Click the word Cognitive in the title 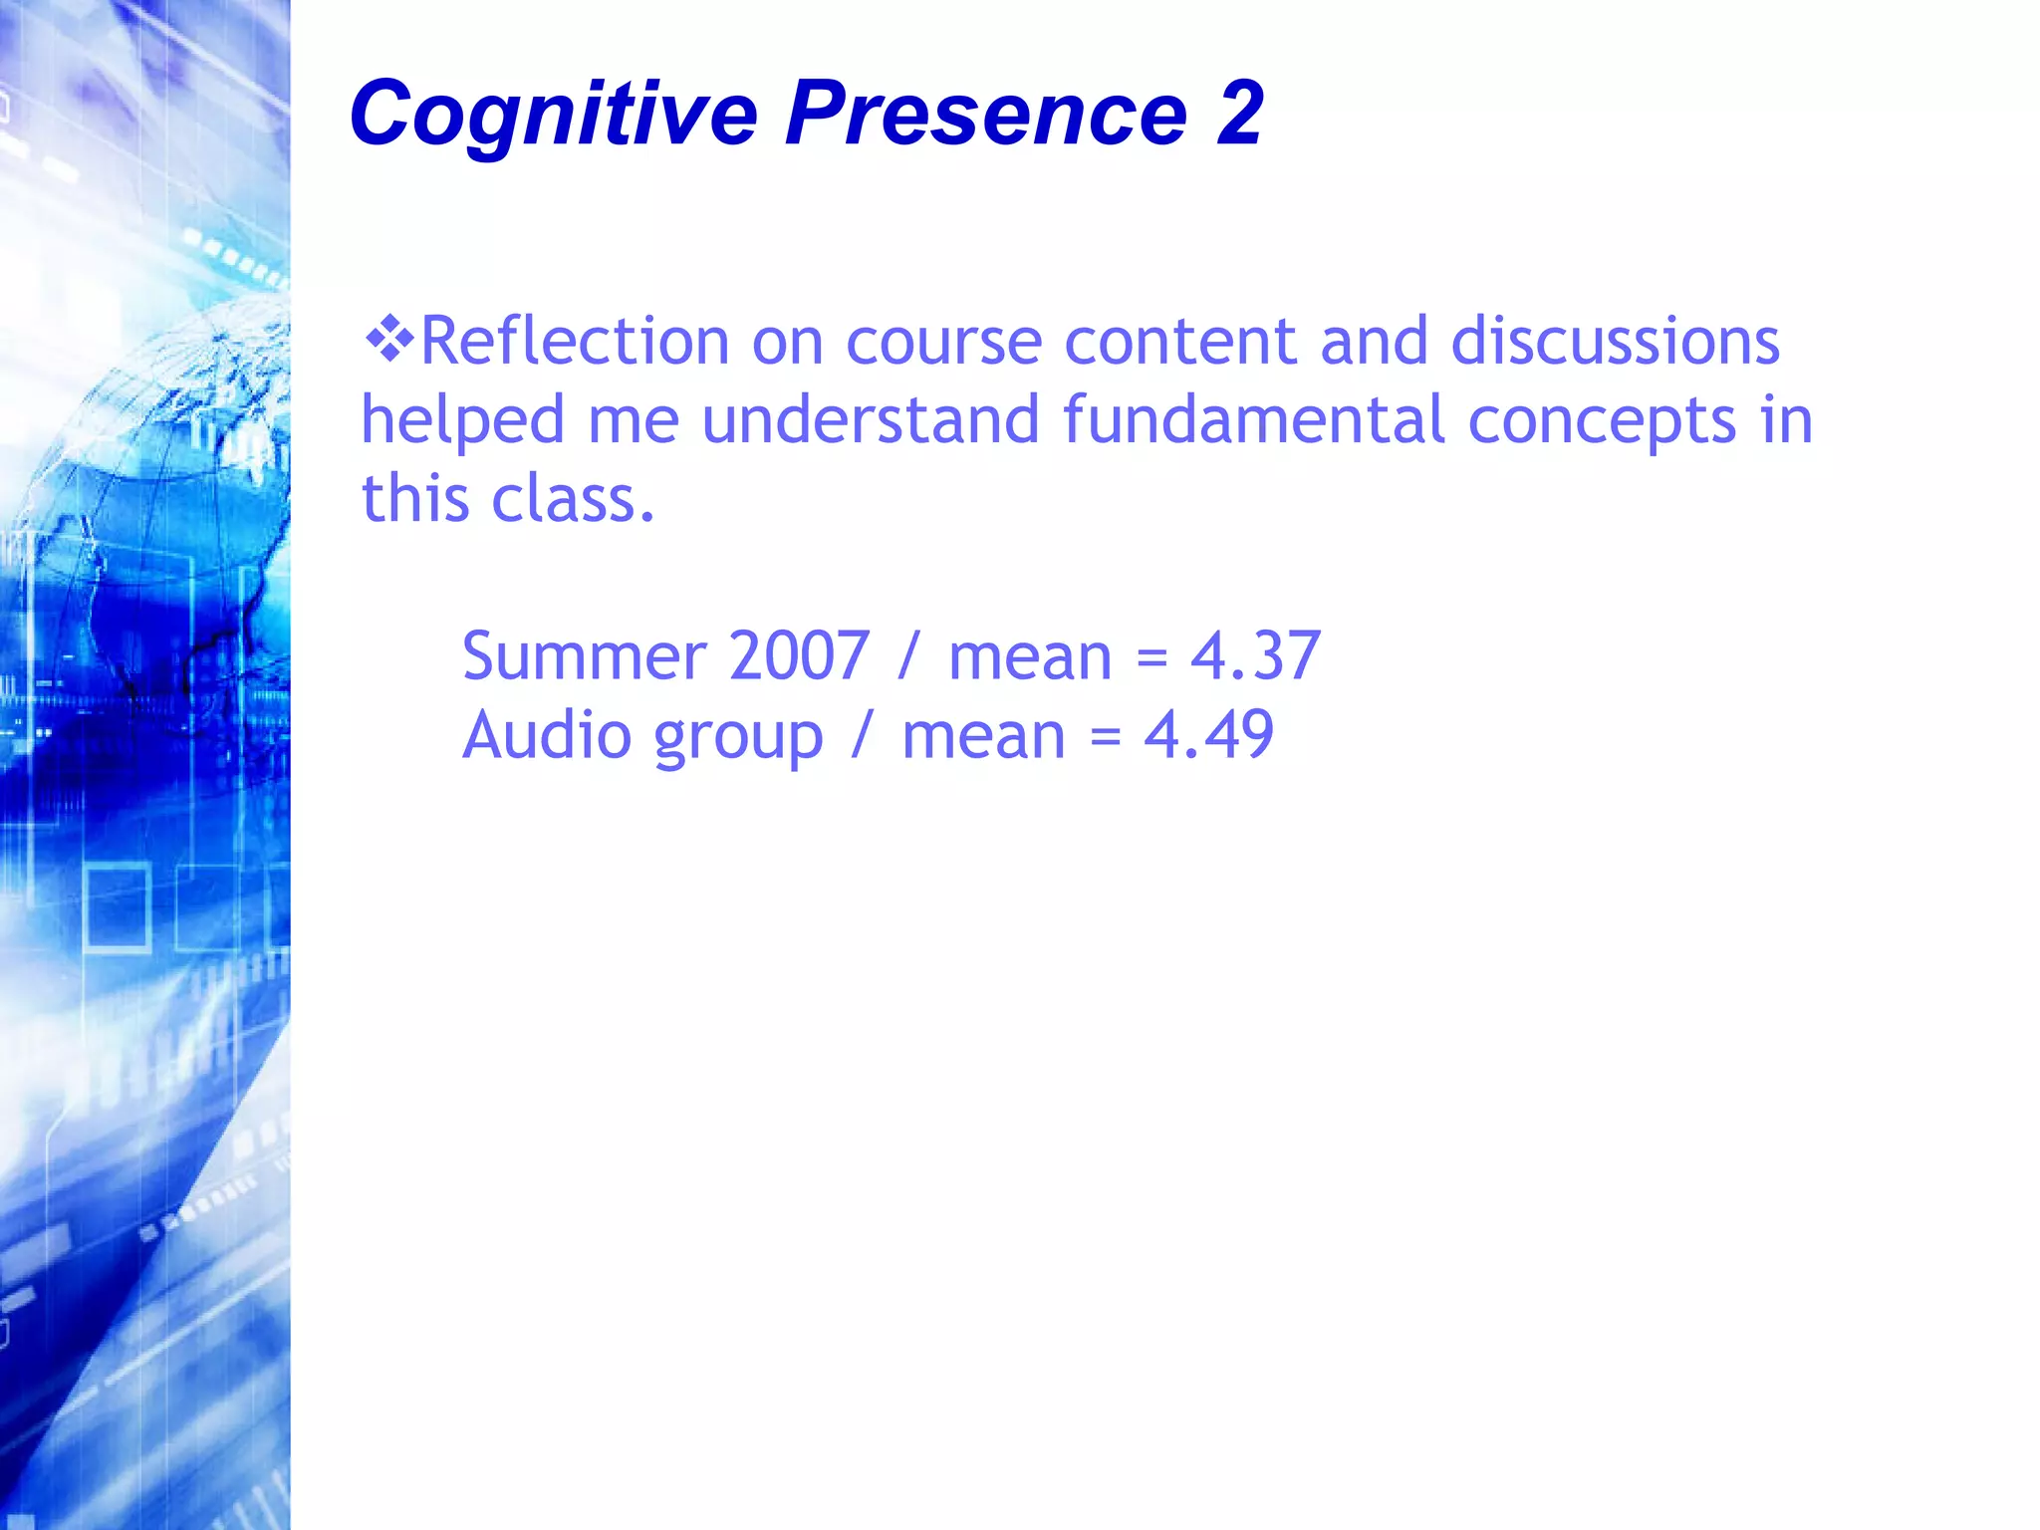(554, 114)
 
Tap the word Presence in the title (986, 114)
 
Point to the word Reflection (575, 342)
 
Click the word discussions (1614, 342)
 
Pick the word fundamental (1253, 419)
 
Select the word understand (871, 419)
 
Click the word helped (462, 421)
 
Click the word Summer (585, 656)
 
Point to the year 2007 (800, 656)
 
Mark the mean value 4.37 (1255, 656)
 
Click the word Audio (547, 735)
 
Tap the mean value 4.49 (1208, 735)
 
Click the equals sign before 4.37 (1151, 658)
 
